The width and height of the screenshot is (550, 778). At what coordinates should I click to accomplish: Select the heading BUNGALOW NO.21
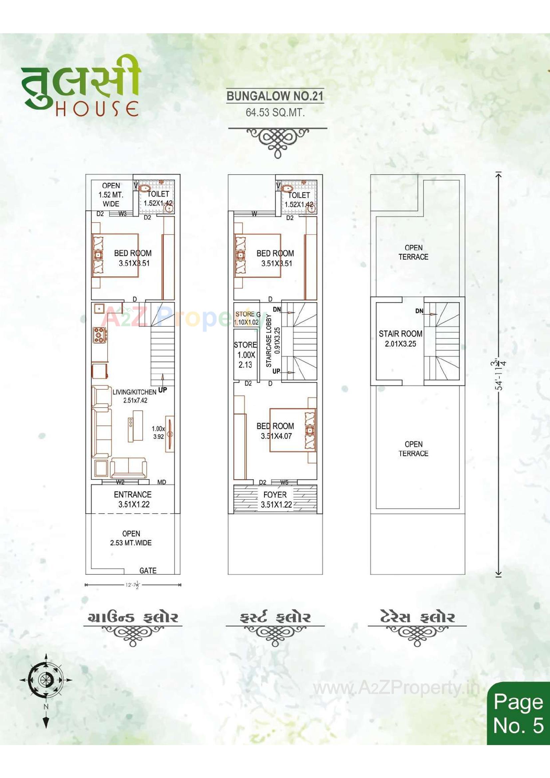coord(275,96)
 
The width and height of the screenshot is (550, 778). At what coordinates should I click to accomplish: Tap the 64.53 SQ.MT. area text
coord(275,112)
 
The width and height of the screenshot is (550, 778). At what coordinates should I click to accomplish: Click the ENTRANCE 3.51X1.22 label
coord(133,499)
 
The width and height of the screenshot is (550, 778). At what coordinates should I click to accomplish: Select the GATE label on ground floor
coord(148,571)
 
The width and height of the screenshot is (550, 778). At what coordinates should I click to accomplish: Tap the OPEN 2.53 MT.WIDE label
coord(131,538)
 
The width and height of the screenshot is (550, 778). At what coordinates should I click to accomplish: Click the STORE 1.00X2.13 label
coord(245,354)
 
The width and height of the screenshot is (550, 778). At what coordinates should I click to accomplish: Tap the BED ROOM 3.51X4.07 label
coord(275,431)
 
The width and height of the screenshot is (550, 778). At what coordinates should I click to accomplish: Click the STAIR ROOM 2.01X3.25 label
coord(401,338)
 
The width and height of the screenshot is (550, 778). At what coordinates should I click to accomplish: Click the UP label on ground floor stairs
coord(162,390)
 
